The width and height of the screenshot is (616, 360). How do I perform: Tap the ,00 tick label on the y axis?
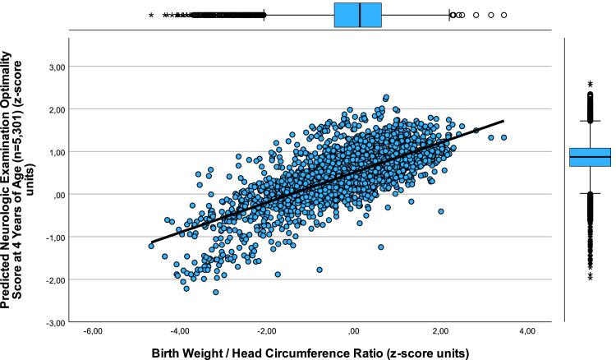click(x=58, y=195)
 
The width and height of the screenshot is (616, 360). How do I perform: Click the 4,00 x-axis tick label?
click(x=526, y=333)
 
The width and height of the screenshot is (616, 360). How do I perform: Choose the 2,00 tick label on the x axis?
click(x=440, y=333)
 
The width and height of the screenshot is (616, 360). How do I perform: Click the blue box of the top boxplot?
click(x=358, y=15)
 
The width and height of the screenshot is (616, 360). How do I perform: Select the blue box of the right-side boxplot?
click(x=590, y=156)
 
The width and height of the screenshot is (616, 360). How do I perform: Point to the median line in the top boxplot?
click(x=361, y=15)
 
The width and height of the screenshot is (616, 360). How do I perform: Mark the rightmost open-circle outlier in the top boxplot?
click(x=503, y=15)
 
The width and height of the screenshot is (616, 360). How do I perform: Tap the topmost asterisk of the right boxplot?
click(x=590, y=83)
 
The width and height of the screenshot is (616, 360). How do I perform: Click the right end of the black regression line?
click(x=503, y=122)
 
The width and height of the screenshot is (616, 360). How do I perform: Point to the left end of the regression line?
click(x=151, y=246)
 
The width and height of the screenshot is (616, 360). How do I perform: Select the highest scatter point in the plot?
click(x=386, y=97)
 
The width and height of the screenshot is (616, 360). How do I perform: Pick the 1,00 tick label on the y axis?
click(x=56, y=152)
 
